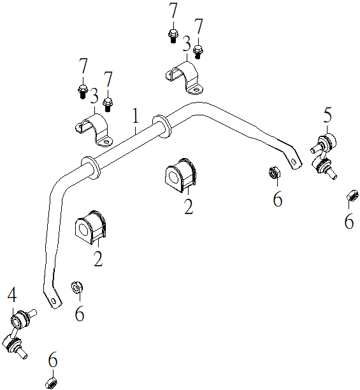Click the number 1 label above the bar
[x=135, y=115]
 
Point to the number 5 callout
[x=328, y=115]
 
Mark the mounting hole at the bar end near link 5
[x=294, y=162]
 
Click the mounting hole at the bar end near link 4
[x=54, y=301]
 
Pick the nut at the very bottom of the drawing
[x=52, y=382]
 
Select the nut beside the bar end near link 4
[x=77, y=287]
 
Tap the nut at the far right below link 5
[x=353, y=195]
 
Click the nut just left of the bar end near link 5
[x=275, y=172]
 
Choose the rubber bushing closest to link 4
[x=90, y=227]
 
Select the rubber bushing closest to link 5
[x=180, y=175]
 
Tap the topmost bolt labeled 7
[x=173, y=36]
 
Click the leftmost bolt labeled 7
[x=83, y=91]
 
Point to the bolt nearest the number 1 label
[x=108, y=105]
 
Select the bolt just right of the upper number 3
[x=198, y=52]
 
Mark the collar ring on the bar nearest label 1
[x=161, y=126]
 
